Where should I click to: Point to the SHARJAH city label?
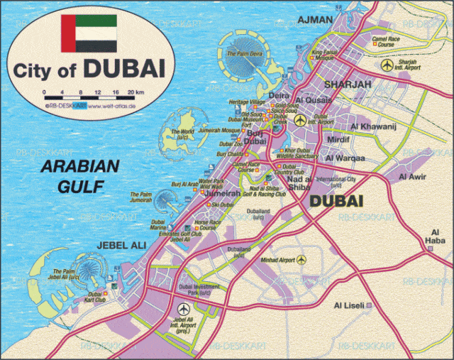(348, 84)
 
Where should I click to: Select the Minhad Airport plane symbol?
(301, 260)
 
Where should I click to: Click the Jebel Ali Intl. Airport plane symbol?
(184, 309)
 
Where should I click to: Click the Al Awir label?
(412, 176)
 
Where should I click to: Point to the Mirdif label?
(338, 141)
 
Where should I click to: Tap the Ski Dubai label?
(222, 204)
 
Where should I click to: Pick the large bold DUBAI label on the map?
(336, 202)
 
